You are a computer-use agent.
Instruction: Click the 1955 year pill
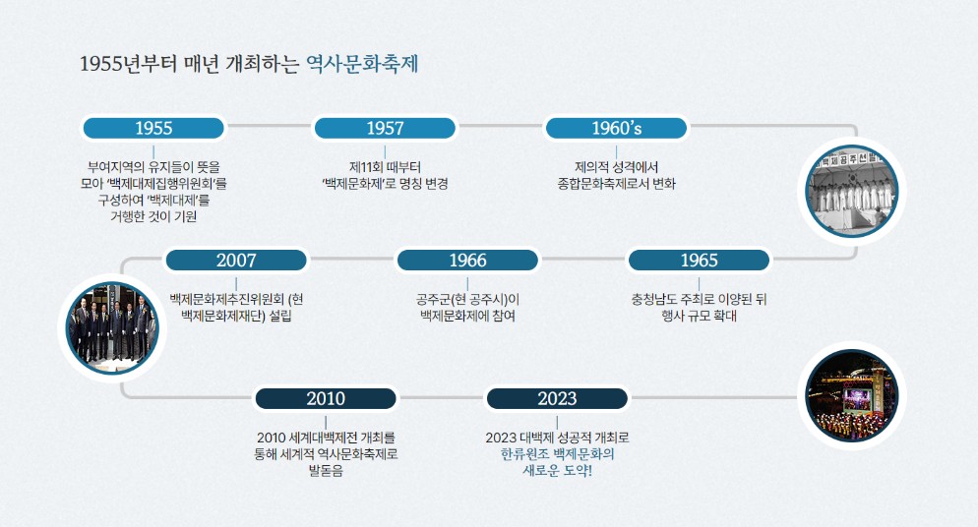tap(153, 128)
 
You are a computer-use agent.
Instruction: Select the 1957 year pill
tap(385, 128)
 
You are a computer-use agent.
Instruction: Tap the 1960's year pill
tap(616, 128)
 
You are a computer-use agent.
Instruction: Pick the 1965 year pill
tap(699, 261)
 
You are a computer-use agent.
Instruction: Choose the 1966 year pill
tap(467, 261)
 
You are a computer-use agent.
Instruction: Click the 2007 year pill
tap(236, 261)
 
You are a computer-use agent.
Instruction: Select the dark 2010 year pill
tap(326, 398)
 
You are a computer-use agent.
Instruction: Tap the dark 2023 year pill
tap(557, 398)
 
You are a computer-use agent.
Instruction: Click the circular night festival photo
tap(851, 395)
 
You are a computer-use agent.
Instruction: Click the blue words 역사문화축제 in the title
tap(363, 65)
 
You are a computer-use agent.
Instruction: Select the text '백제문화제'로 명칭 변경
tap(385, 183)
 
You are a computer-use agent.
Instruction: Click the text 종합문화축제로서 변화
tap(616, 183)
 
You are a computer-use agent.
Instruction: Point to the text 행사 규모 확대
tap(699, 316)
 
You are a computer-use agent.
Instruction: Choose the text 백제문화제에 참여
tap(467, 316)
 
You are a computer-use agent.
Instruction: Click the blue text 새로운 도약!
tap(557, 471)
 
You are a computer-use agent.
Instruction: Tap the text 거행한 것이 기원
tap(153, 216)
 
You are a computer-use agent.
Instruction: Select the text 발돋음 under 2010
tap(326, 471)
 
